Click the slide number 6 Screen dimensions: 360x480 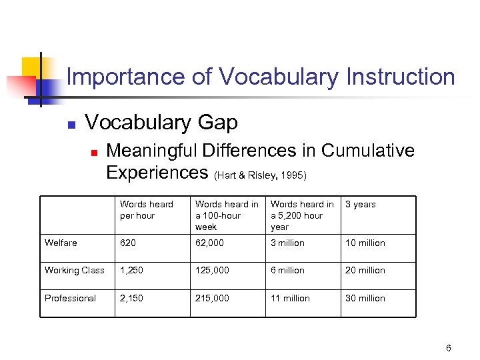[x=449, y=348]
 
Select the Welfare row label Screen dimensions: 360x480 [x=61, y=243]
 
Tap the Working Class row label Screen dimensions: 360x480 [x=75, y=270]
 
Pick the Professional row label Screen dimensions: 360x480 [x=70, y=298]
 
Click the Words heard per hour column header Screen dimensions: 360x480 [x=146, y=209]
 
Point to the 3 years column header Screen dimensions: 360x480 [x=361, y=204]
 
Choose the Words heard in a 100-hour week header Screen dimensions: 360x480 [x=227, y=215]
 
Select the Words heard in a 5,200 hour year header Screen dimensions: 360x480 [x=302, y=215]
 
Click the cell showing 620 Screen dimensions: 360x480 [x=127, y=243]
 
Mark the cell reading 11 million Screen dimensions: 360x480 [x=290, y=298]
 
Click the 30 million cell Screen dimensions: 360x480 [x=365, y=298]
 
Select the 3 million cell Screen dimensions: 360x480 [x=287, y=243]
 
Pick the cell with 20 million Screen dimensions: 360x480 [x=365, y=270]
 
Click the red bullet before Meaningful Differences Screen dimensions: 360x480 [x=95, y=153]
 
